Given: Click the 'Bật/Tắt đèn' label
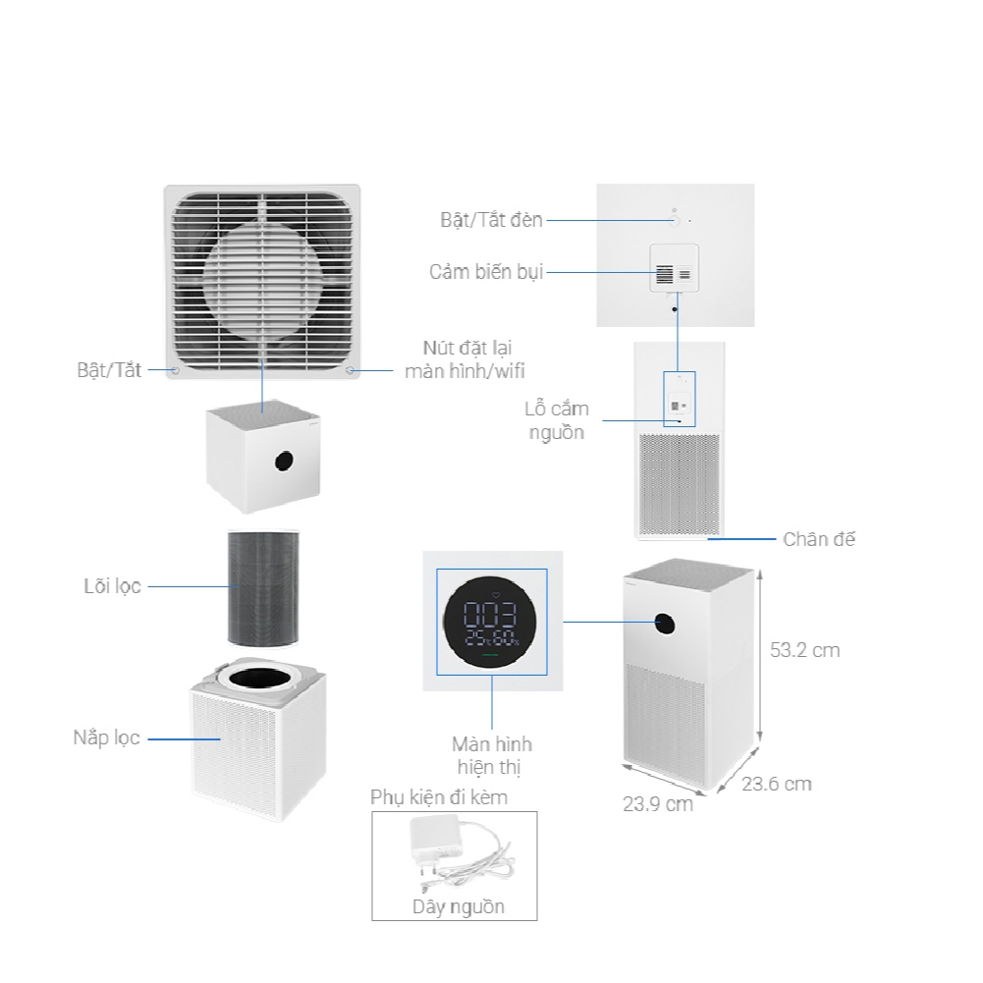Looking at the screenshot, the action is [x=491, y=220].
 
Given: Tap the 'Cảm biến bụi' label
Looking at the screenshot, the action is [x=486, y=272].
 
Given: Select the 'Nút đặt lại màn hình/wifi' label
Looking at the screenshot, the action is [x=464, y=359].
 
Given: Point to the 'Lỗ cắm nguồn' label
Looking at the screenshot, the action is [x=557, y=420].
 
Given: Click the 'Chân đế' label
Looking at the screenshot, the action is [x=819, y=539].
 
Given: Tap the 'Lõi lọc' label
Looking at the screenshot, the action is [x=112, y=586].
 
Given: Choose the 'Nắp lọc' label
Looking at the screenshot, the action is [x=106, y=737].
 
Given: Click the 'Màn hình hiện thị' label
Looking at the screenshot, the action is [x=491, y=755].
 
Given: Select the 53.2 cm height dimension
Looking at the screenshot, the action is [x=804, y=650].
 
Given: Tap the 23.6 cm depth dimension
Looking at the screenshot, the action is [x=777, y=784].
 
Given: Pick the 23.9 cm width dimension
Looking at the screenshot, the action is [x=658, y=803].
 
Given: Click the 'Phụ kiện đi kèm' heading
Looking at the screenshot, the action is [x=439, y=797].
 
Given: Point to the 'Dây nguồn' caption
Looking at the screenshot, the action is [x=459, y=906].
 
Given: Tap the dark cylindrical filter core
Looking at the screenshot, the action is [x=263, y=588].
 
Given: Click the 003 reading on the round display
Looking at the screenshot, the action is [x=490, y=615].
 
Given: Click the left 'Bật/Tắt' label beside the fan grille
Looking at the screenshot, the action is [x=109, y=370].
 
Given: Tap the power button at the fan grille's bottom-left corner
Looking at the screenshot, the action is [x=176, y=370].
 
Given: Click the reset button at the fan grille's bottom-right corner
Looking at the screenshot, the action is [x=351, y=370].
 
